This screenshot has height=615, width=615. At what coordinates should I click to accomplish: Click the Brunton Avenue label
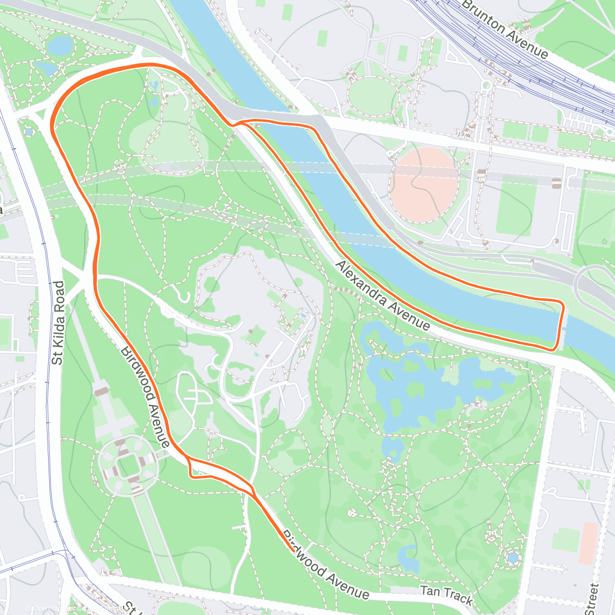point(505,29)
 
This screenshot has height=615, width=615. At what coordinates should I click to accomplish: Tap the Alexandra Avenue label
point(383,295)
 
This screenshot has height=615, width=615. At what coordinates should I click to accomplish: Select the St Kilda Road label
point(59,323)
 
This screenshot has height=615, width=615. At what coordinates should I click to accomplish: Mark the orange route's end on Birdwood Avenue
point(292,551)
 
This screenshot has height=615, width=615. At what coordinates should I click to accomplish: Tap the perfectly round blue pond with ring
point(512,558)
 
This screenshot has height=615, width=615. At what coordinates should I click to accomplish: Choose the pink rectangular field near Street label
point(590,543)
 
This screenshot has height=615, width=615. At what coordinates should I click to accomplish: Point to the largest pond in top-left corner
point(59,45)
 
